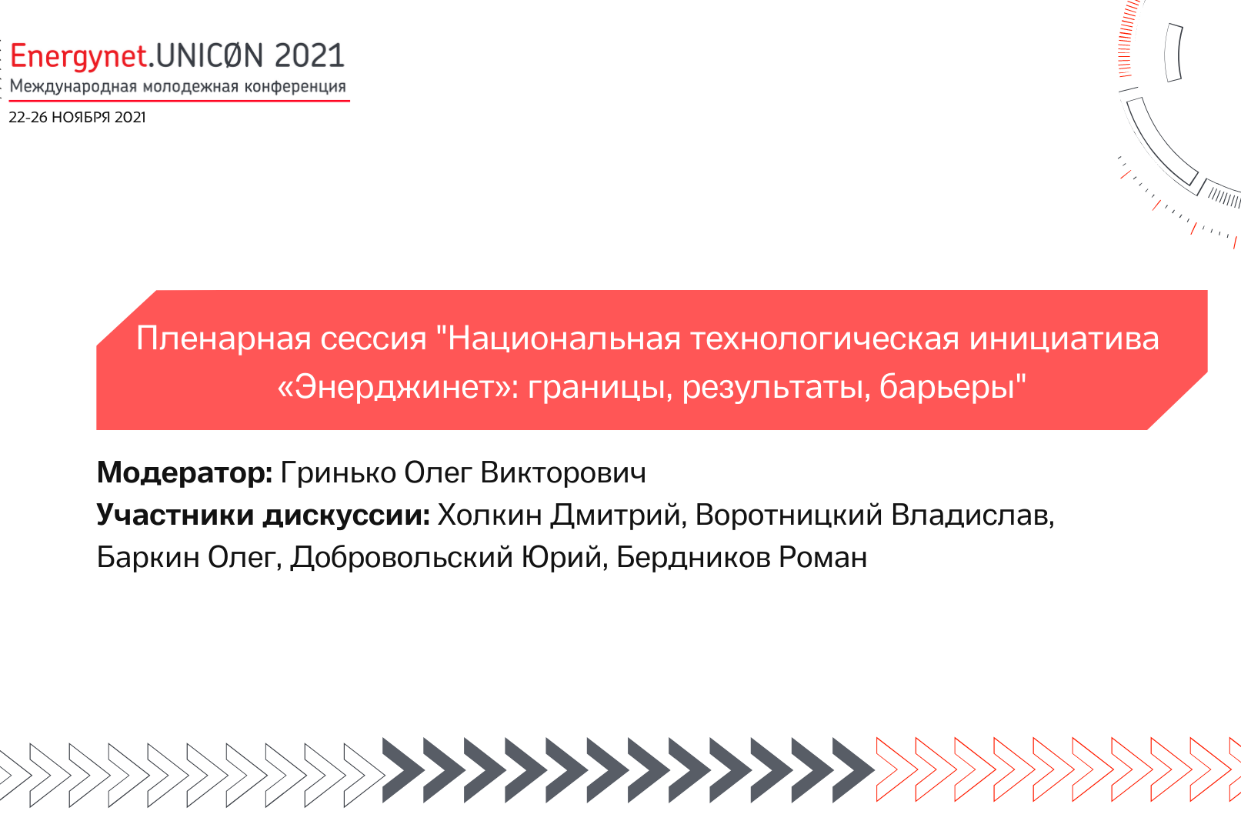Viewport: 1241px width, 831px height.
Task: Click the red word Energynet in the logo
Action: coord(78,57)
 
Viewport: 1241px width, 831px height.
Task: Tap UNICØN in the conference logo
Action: coord(210,55)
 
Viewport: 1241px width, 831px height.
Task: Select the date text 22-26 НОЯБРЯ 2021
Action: coord(77,118)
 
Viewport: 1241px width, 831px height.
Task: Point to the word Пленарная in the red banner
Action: coord(223,339)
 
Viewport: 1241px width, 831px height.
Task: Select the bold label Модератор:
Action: coord(185,472)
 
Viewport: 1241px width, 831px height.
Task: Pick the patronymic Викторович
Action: coord(563,472)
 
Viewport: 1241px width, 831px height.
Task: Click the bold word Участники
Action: coord(175,516)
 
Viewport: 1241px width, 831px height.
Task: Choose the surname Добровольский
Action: coord(402,557)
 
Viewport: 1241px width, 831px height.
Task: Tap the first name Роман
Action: coord(823,557)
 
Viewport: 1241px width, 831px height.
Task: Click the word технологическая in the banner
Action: coord(825,339)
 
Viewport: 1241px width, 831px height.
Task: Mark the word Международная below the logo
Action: coord(74,86)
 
